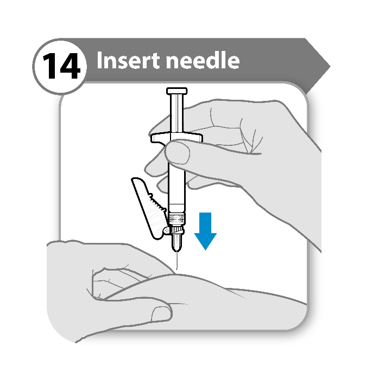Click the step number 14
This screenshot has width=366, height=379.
(x=61, y=66)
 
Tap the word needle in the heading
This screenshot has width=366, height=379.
(x=203, y=60)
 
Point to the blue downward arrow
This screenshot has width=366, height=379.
(x=205, y=231)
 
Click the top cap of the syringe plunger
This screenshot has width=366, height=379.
(x=176, y=91)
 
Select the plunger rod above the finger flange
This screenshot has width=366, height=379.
(x=177, y=113)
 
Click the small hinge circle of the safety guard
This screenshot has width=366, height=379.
(x=167, y=231)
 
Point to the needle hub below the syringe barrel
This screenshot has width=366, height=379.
(x=177, y=239)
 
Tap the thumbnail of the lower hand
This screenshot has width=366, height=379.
(x=161, y=314)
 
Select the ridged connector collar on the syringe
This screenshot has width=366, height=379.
(x=177, y=219)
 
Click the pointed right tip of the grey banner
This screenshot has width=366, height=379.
(x=330, y=67)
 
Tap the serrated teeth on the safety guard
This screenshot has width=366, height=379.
(x=157, y=202)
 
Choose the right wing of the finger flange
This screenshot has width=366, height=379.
(x=194, y=137)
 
